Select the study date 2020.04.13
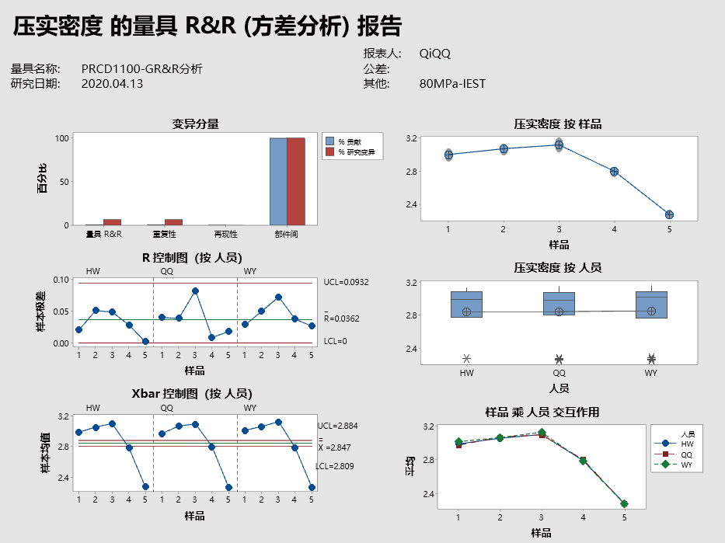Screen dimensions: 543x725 tap(112, 84)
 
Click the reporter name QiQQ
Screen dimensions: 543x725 tap(434, 54)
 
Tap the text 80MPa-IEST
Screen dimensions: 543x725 tap(452, 84)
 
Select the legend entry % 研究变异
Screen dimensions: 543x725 tap(356, 153)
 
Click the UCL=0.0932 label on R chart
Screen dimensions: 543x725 tap(346, 283)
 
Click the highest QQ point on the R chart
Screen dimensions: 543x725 tap(195, 291)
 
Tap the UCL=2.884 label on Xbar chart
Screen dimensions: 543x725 tap(338, 426)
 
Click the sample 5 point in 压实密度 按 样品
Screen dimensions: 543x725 tap(669, 214)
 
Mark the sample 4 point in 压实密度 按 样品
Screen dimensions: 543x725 tap(614, 172)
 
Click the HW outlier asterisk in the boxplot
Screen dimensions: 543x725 tap(466, 358)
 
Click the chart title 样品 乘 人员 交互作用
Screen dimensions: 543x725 tap(542, 412)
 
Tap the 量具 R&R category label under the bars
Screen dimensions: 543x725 tap(103, 233)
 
